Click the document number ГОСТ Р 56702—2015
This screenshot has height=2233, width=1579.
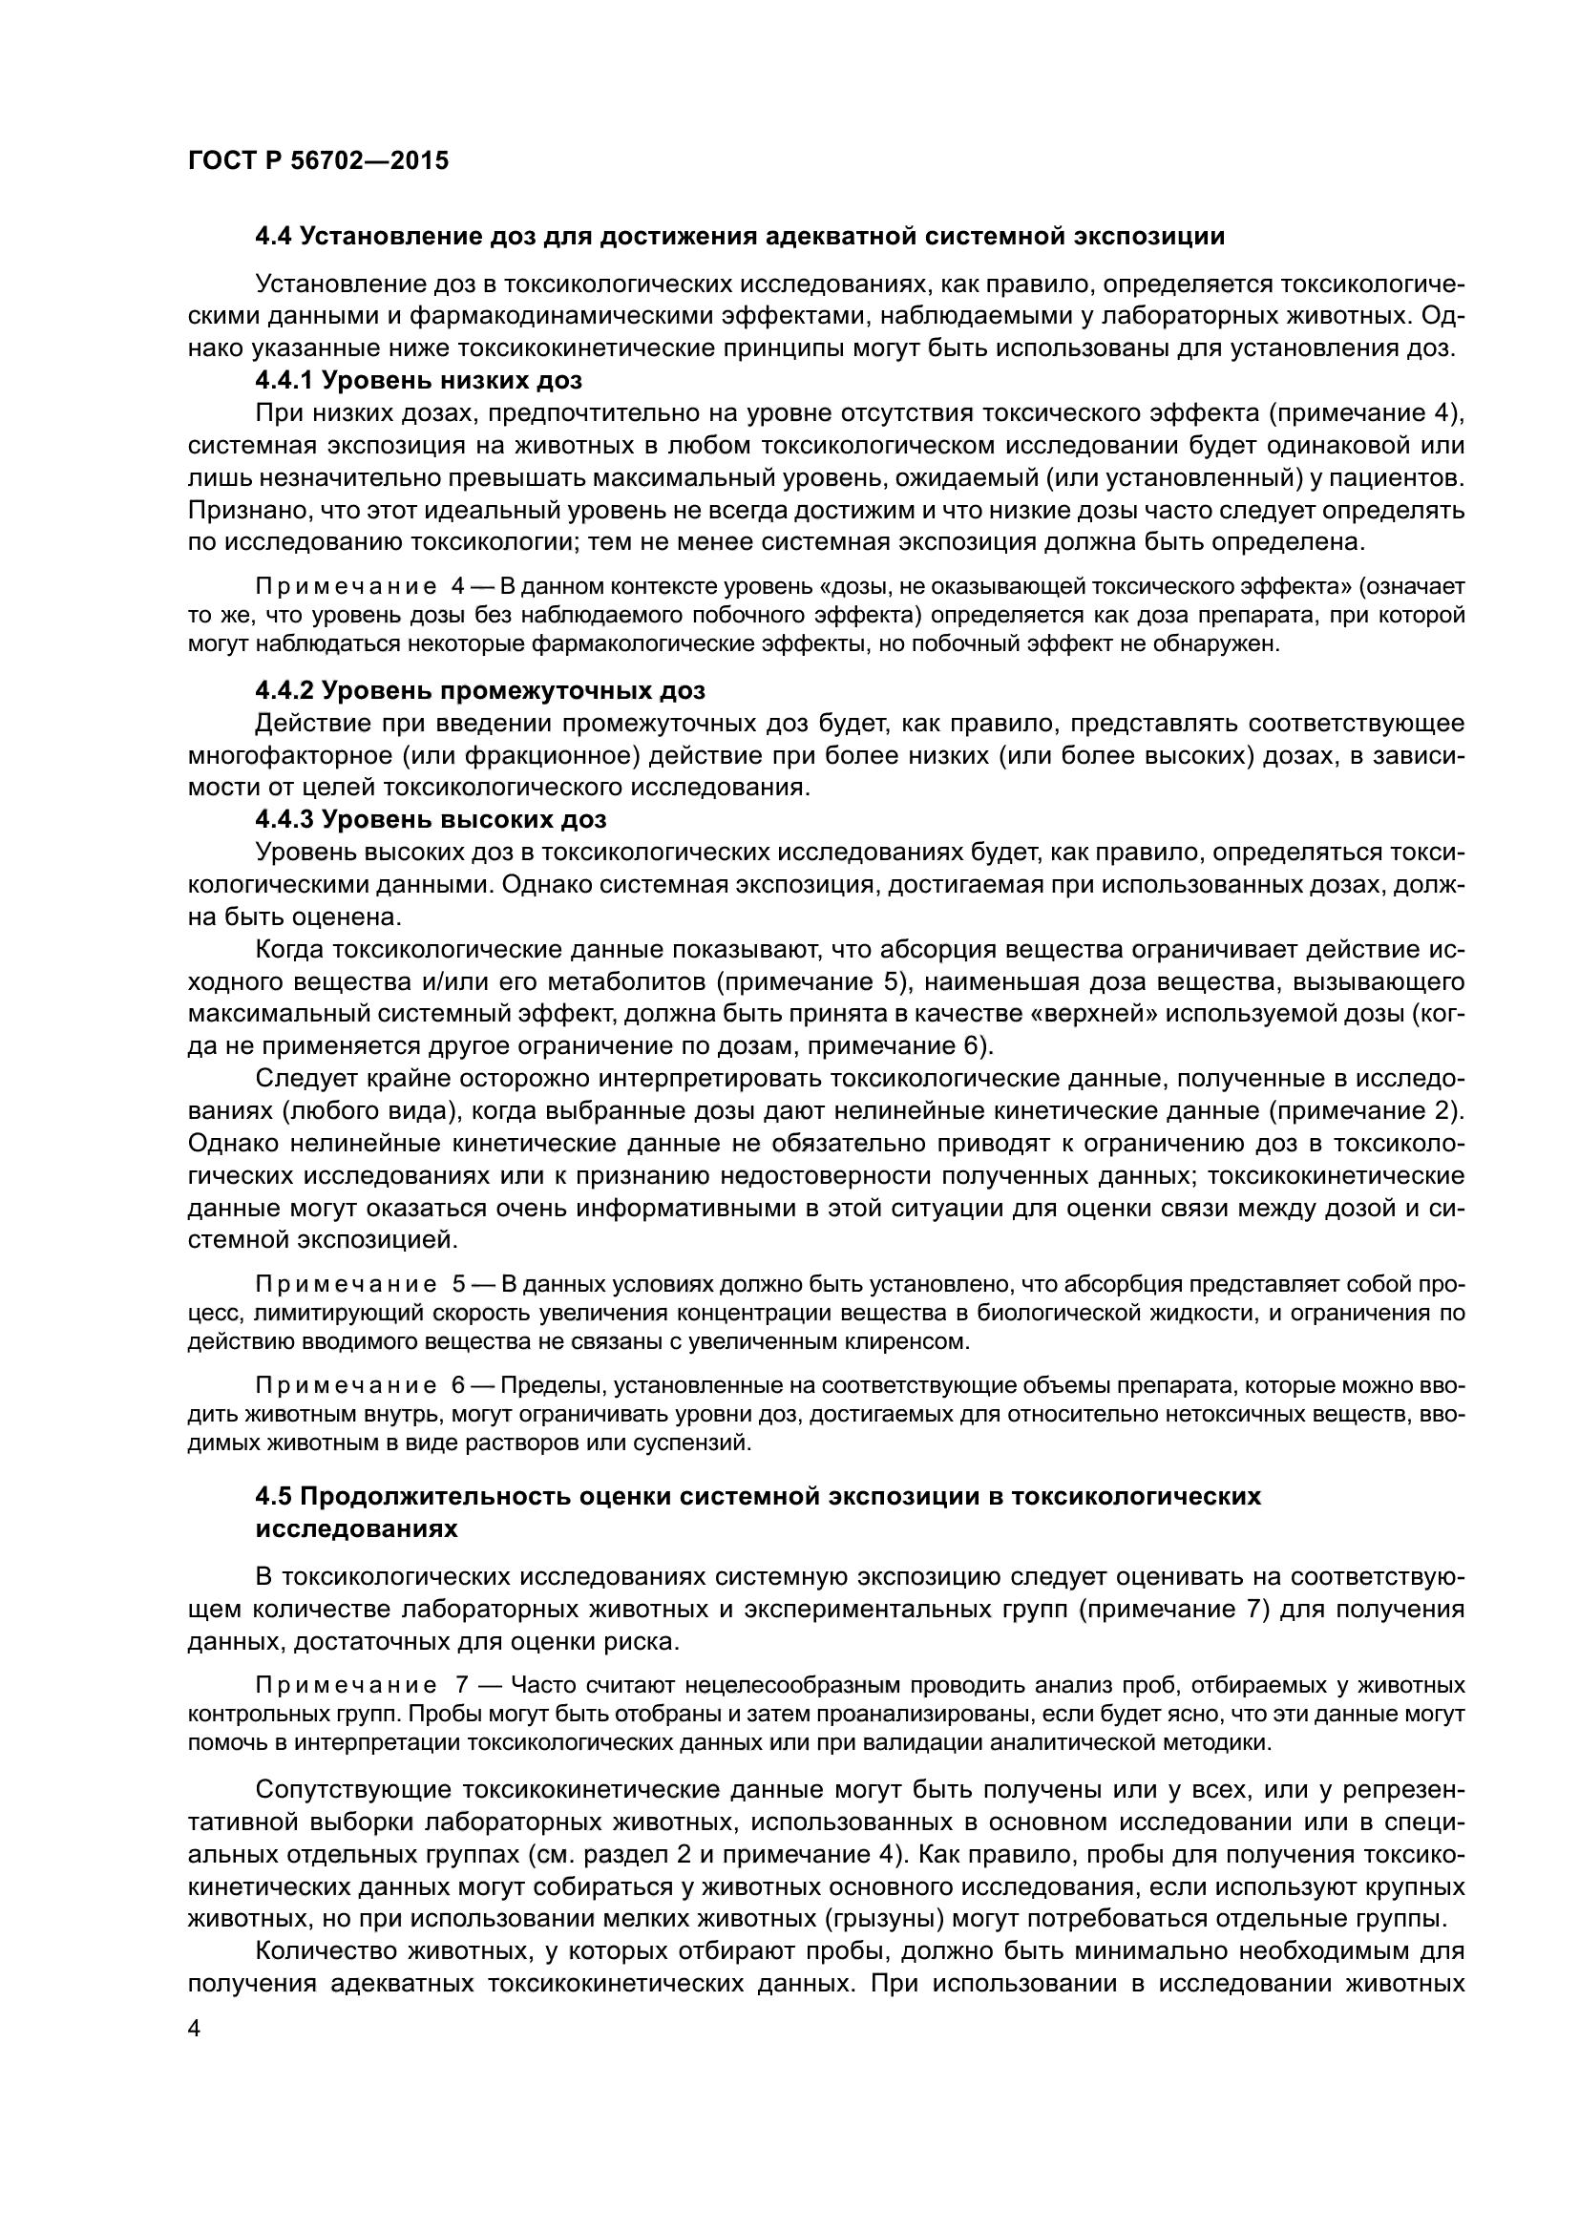pyautogui.click(x=318, y=161)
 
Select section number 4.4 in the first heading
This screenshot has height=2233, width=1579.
pyautogui.click(x=273, y=237)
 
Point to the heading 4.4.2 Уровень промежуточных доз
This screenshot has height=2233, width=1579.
pyautogui.click(x=479, y=690)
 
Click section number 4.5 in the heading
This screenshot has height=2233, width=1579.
pyautogui.click(x=273, y=1496)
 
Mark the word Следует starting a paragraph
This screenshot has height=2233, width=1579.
pyautogui.click(x=301, y=1079)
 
